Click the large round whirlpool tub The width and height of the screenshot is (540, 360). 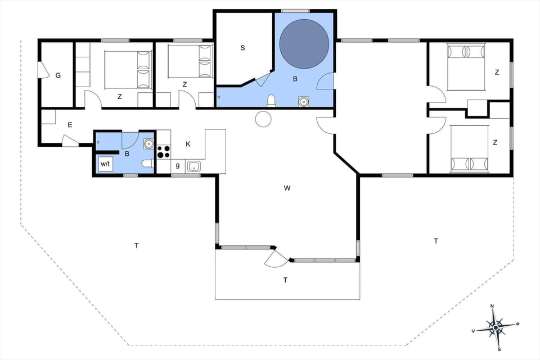[x=304, y=44]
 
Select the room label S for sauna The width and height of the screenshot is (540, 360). [x=242, y=48]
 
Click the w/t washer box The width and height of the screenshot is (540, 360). [x=106, y=164]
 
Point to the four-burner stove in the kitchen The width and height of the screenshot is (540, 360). [x=163, y=152]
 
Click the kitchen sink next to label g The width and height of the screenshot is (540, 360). [x=193, y=166]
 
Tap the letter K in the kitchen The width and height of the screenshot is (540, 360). [x=188, y=144]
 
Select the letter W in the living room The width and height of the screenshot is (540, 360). [x=287, y=188]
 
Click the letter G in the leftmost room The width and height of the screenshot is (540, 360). [x=57, y=75]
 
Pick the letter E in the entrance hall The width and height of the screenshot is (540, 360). [x=70, y=125]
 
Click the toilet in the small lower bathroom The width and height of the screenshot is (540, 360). [x=147, y=164]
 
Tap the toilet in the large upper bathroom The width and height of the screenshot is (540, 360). [x=272, y=101]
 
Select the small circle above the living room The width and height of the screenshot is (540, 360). [x=263, y=119]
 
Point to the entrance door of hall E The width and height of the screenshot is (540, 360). [x=70, y=141]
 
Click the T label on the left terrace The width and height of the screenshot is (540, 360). [x=136, y=245]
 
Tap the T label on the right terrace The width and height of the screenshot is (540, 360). [x=435, y=241]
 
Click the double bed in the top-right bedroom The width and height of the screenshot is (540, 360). [x=466, y=67]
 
